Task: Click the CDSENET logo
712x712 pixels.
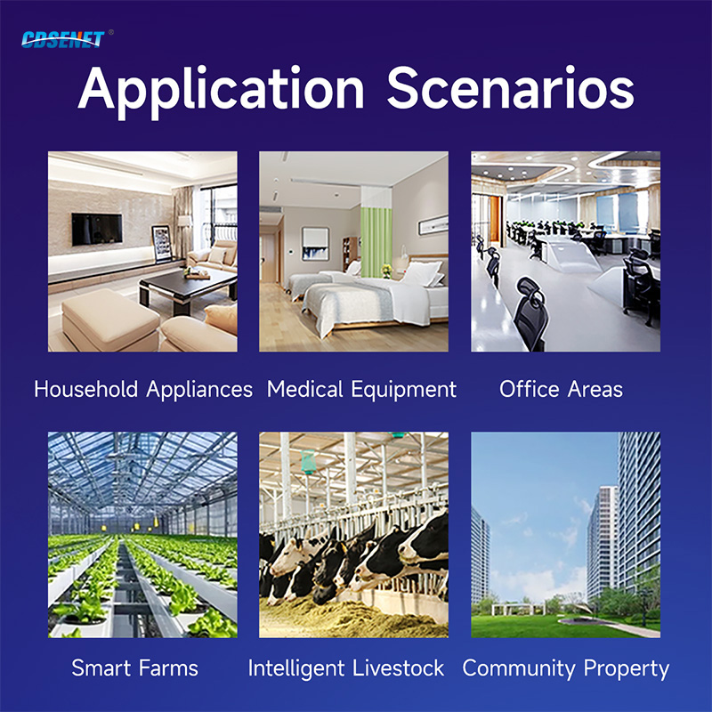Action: point(62,39)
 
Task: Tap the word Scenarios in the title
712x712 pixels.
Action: point(510,87)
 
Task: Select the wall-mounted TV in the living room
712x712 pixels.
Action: point(97,229)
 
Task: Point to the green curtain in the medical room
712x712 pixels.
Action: point(376,241)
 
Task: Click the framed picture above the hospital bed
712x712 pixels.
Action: point(433,225)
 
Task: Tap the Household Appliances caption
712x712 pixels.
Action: point(143,390)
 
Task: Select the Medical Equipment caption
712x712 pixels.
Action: point(361,390)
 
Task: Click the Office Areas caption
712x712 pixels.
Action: point(562,389)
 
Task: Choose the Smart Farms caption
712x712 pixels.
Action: point(135,668)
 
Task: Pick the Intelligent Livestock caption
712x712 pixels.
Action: point(346,668)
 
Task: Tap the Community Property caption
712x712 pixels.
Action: point(566,668)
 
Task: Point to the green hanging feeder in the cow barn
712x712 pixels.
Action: point(308,461)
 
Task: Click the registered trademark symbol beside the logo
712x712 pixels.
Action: point(111,32)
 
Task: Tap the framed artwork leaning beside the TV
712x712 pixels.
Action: point(162,244)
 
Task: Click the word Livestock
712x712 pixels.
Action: point(398,668)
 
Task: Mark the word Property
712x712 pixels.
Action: point(627,669)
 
